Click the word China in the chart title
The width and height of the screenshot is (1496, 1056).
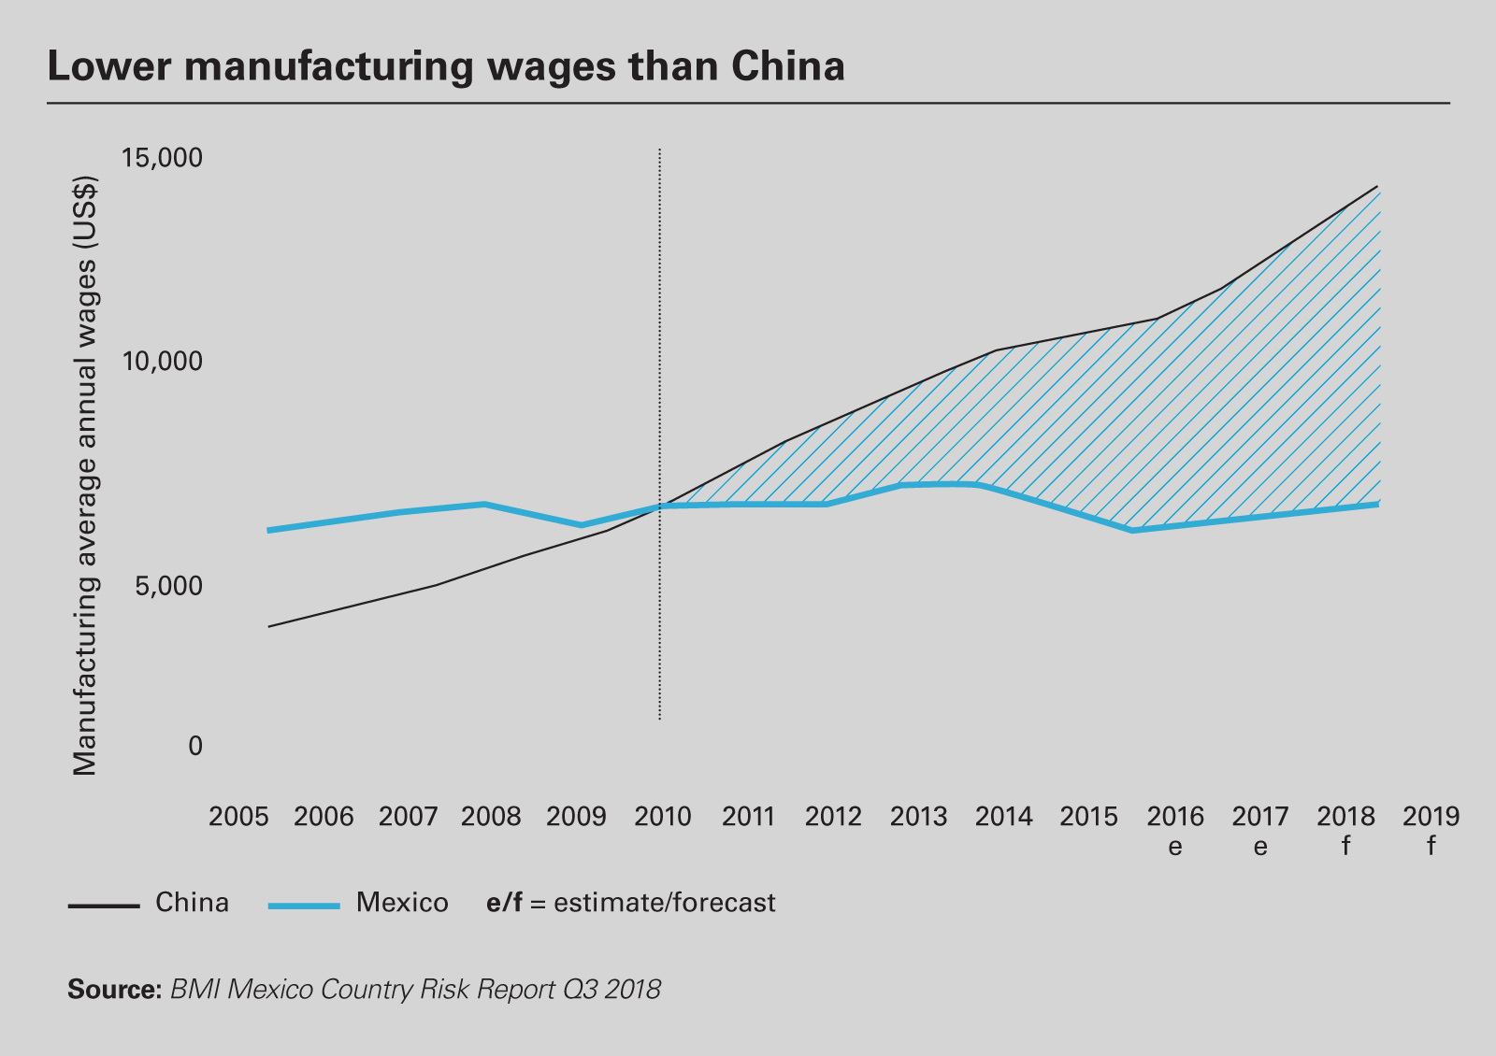click(788, 66)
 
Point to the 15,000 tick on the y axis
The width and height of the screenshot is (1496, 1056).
click(163, 158)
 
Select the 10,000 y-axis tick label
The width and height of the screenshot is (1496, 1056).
click(163, 361)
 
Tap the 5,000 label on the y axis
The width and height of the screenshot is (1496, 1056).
click(168, 586)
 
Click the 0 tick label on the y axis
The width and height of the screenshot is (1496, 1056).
click(195, 746)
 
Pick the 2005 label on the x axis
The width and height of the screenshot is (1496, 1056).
click(238, 817)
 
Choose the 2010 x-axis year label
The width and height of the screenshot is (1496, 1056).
click(663, 817)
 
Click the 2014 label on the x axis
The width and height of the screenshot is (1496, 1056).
click(1003, 817)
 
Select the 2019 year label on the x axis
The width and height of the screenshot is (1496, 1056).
click(1431, 817)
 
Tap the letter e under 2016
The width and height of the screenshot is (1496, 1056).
click(1175, 847)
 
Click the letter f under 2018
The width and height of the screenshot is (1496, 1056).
click(1345, 847)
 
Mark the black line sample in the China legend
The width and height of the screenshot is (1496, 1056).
click(103, 906)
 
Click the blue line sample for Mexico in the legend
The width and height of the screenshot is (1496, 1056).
click(303, 906)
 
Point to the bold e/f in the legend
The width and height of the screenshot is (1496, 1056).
click(504, 903)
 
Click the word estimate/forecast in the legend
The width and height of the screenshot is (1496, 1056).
click(665, 903)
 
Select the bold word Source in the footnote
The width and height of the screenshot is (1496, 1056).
click(114, 989)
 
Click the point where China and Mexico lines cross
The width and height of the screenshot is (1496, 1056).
click(661, 506)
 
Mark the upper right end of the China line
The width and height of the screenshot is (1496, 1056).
click(1377, 187)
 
